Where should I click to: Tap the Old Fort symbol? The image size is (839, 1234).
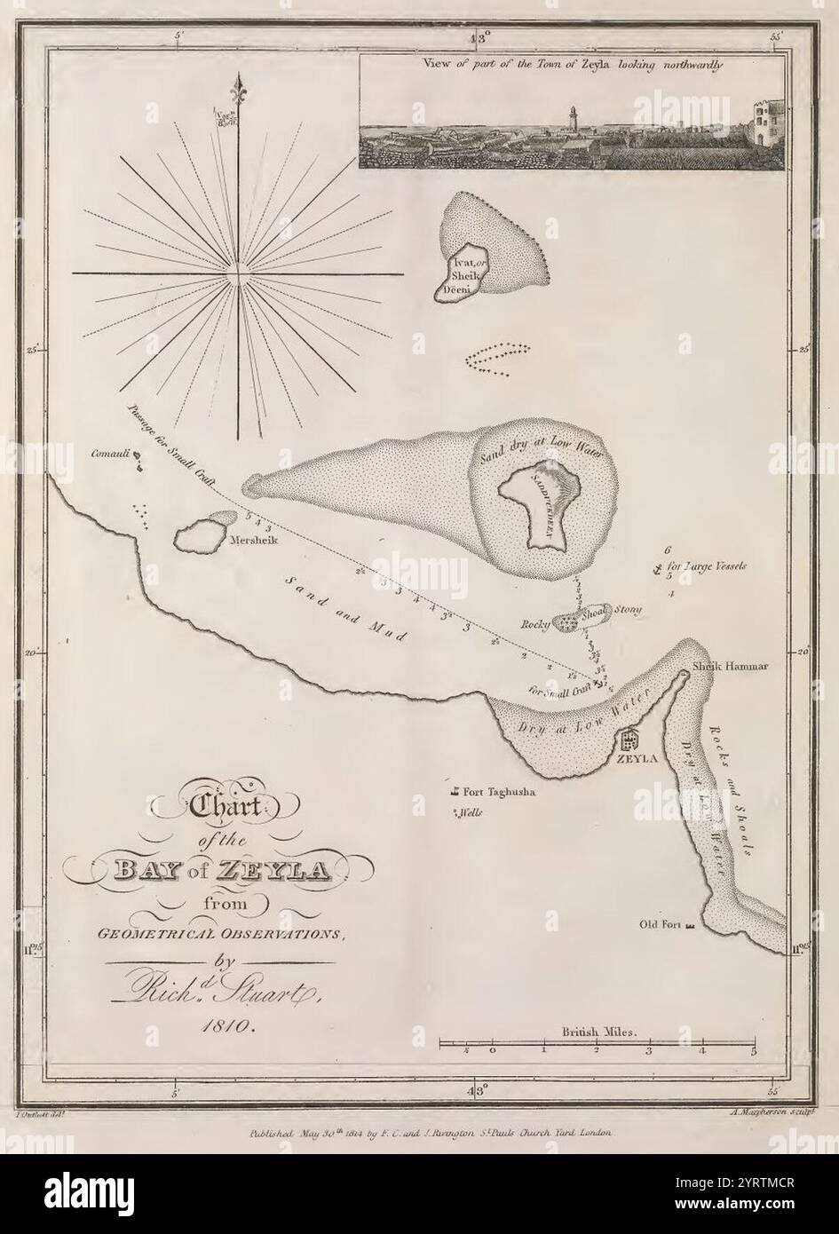pyautogui.click(x=690, y=926)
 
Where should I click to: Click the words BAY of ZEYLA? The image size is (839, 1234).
pyautogui.click(x=218, y=867)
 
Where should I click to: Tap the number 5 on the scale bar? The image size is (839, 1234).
pyautogui.click(x=754, y=1052)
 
